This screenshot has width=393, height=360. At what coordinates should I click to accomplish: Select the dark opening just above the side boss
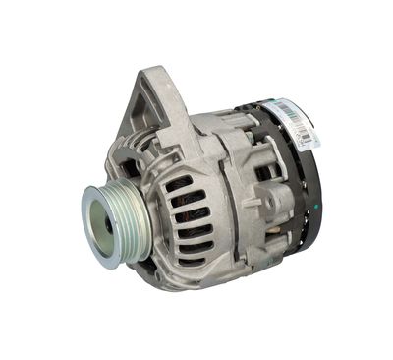[x=266, y=171]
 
